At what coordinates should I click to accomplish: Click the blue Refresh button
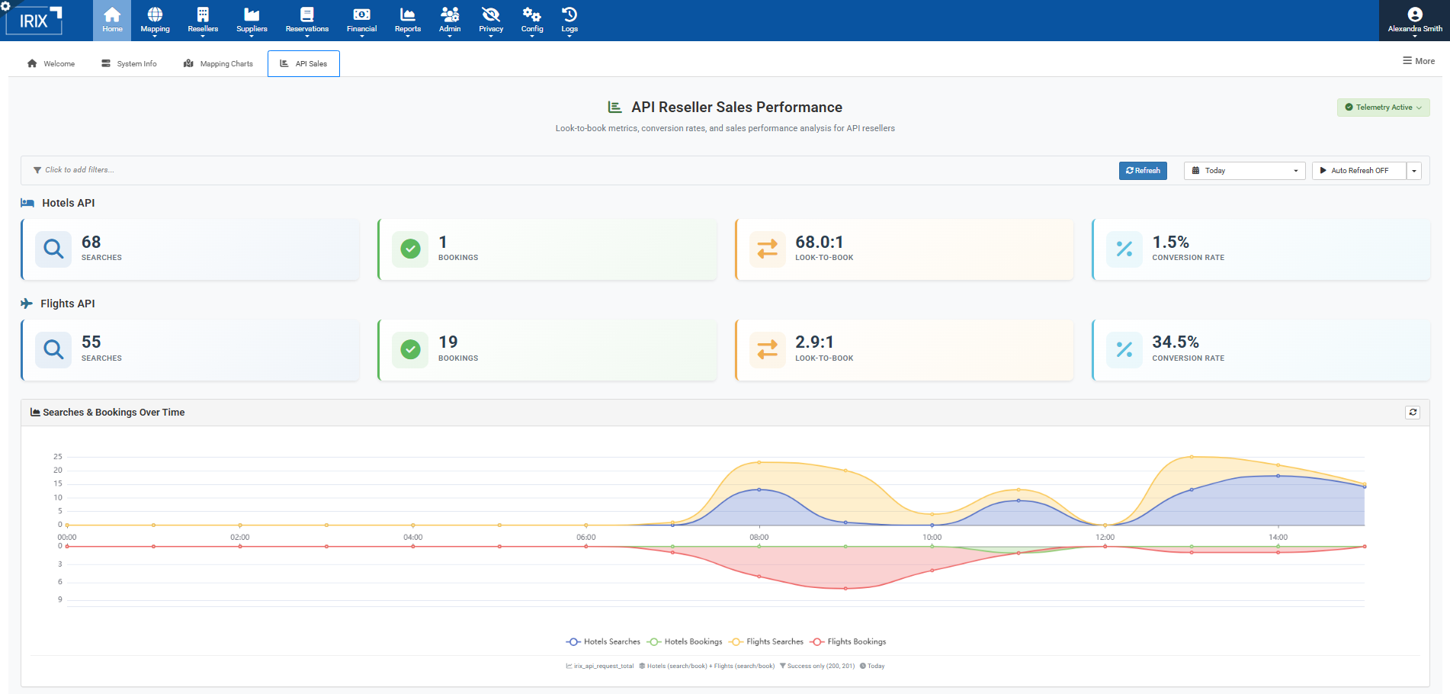pyautogui.click(x=1142, y=171)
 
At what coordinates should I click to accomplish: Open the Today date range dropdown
pyautogui.click(x=1244, y=171)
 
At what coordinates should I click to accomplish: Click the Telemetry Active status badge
pyautogui.click(x=1383, y=108)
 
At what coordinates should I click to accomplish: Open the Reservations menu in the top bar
pyautogui.click(x=307, y=20)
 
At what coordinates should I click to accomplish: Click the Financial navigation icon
pyautogui.click(x=361, y=15)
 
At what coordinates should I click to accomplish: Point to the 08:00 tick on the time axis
pyautogui.click(x=759, y=537)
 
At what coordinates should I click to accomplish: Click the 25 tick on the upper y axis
pyautogui.click(x=58, y=457)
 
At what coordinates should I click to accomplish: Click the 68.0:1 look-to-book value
pyautogui.click(x=819, y=242)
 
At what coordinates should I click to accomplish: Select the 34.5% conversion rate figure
pyautogui.click(x=1175, y=342)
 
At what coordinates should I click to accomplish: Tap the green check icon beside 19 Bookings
pyautogui.click(x=410, y=349)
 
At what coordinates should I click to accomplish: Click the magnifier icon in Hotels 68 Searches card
pyautogui.click(x=53, y=249)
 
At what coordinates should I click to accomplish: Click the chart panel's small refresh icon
pyautogui.click(x=1413, y=412)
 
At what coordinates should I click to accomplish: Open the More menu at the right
pyautogui.click(x=1419, y=61)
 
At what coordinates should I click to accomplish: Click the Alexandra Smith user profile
pyautogui.click(x=1414, y=21)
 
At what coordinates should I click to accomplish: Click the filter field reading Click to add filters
pyautogui.click(x=79, y=170)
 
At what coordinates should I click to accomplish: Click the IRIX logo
pyautogui.click(x=34, y=21)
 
